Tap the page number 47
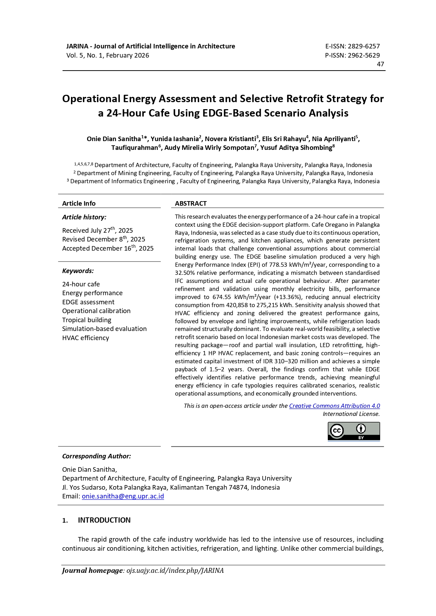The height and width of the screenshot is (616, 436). [380, 64]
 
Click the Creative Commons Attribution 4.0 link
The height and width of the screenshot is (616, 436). [334, 406]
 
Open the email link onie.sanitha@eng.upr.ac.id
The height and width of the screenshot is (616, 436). [123, 496]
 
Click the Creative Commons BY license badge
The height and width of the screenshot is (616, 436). [354, 431]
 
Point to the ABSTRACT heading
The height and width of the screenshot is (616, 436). [191, 204]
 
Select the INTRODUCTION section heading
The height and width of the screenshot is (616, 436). [104, 520]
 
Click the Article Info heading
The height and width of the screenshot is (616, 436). [79, 204]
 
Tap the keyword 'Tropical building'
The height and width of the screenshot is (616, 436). [87, 320]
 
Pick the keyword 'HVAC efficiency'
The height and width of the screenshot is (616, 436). [86, 338]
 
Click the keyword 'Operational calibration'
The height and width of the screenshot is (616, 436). [96, 311]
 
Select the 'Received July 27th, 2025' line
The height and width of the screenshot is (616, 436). [98, 230]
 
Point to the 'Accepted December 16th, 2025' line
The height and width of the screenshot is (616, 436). [108, 248]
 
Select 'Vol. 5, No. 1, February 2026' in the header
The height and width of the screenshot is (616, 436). [108, 55]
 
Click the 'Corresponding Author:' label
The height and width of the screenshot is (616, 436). [97, 456]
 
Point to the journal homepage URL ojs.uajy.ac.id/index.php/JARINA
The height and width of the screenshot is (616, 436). [175, 571]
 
